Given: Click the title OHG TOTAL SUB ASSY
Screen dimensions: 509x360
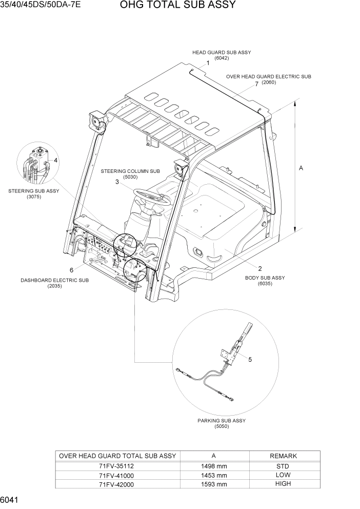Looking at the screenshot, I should (x=171, y=6).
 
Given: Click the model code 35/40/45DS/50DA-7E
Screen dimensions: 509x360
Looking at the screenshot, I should (x=41, y=6).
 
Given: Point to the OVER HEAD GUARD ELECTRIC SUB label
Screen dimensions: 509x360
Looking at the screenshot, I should (x=269, y=76).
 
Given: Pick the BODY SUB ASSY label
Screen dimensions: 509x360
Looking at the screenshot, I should (x=265, y=278).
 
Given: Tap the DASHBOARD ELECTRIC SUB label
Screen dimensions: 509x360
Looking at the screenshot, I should (x=54, y=280).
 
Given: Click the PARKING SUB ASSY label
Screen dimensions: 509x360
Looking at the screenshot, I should (x=222, y=420).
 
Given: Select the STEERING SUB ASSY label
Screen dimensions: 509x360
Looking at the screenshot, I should (x=34, y=191).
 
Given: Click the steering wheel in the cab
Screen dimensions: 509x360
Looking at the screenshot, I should (x=152, y=197).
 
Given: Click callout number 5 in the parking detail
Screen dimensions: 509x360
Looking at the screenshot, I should (x=250, y=359).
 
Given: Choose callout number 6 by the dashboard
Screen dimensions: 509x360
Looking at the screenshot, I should (x=72, y=269).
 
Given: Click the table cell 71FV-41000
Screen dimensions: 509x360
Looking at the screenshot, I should (x=117, y=475).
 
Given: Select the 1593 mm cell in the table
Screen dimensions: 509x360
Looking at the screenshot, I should (x=213, y=483).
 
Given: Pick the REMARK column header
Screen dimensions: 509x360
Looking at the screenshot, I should (x=283, y=456).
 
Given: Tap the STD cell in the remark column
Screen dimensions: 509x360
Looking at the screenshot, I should (x=283, y=466).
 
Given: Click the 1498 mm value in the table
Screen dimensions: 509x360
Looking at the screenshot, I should (x=213, y=466).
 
